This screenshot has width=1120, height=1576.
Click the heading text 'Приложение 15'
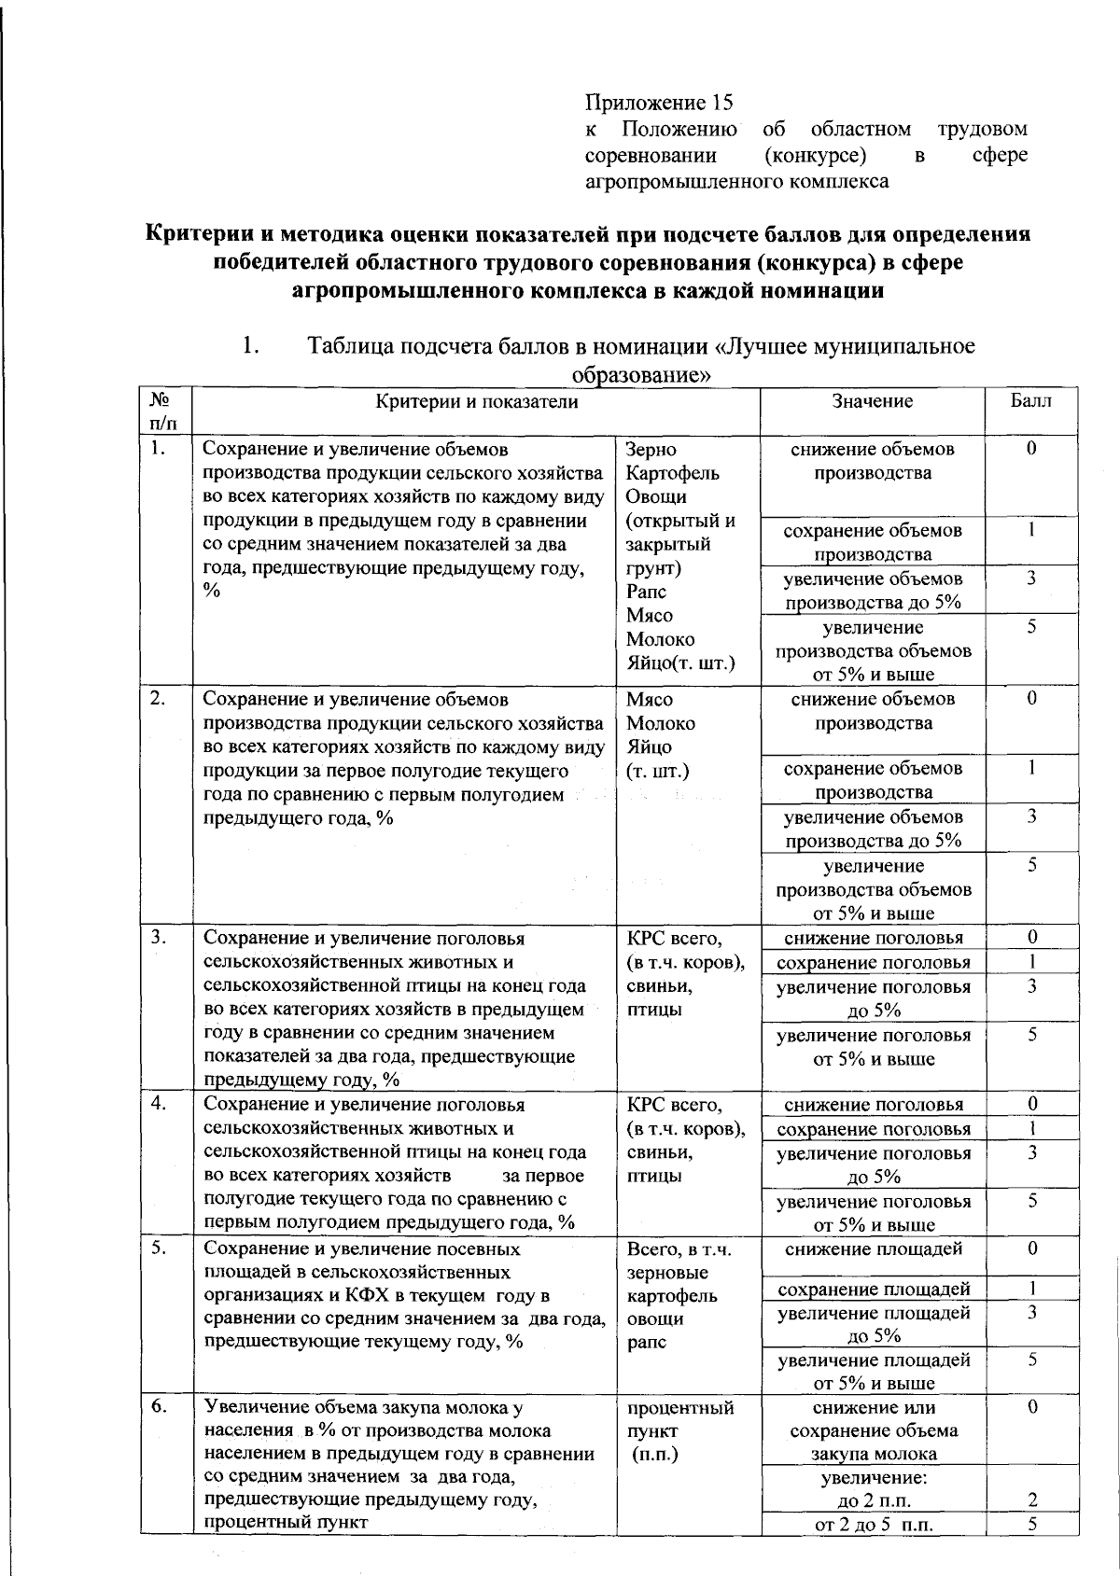(x=659, y=102)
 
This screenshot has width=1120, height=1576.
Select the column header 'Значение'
(x=872, y=401)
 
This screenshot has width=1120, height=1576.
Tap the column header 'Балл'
(x=1030, y=401)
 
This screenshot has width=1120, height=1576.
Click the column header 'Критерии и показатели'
(x=476, y=401)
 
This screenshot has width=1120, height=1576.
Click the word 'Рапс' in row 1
(x=647, y=592)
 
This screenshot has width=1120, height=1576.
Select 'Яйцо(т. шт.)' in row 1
(x=680, y=663)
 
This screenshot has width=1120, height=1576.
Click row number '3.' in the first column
(x=159, y=938)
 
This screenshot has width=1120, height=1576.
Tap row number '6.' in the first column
(x=159, y=1407)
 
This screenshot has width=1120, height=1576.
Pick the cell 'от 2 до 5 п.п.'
(x=874, y=1525)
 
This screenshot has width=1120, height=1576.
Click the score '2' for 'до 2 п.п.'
(x=1032, y=1500)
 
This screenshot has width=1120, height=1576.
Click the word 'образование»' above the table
(x=639, y=376)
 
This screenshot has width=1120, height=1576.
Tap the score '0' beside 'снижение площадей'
(x=1032, y=1248)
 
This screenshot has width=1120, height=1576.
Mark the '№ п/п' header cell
(x=161, y=411)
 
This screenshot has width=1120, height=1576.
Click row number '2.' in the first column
(x=159, y=698)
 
